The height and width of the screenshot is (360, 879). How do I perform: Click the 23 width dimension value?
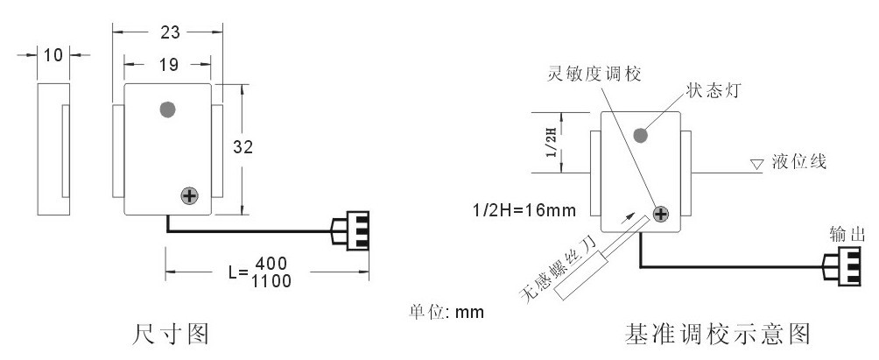[x=170, y=33]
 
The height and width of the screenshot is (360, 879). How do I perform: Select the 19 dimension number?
[x=169, y=65]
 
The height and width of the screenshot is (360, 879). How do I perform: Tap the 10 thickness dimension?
[x=53, y=55]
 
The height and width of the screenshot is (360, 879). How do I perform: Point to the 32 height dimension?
[x=243, y=147]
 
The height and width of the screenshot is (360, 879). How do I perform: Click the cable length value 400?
[x=271, y=263]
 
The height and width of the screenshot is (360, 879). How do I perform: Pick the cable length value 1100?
[x=271, y=281]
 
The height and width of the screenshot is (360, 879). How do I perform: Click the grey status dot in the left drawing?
[x=167, y=109]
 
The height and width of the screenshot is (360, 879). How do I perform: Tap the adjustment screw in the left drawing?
[x=189, y=196]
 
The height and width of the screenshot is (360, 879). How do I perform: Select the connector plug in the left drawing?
[x=350, y=231]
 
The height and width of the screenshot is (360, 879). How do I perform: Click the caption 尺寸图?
[x=171, y=334]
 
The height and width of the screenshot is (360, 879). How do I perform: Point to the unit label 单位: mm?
[x=447, y=312]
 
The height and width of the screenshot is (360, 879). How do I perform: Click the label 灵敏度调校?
[x=594, y=74]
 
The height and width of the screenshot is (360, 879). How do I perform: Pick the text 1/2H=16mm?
[x=524, y=211]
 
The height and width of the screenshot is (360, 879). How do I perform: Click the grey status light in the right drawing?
[x=640, y=135]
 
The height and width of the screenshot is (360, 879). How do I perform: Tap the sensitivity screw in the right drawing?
[x=662, y=214]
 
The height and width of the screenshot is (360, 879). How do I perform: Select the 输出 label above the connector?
[x=847, y=235]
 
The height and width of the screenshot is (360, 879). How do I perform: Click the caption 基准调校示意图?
[x=718, y=334]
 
